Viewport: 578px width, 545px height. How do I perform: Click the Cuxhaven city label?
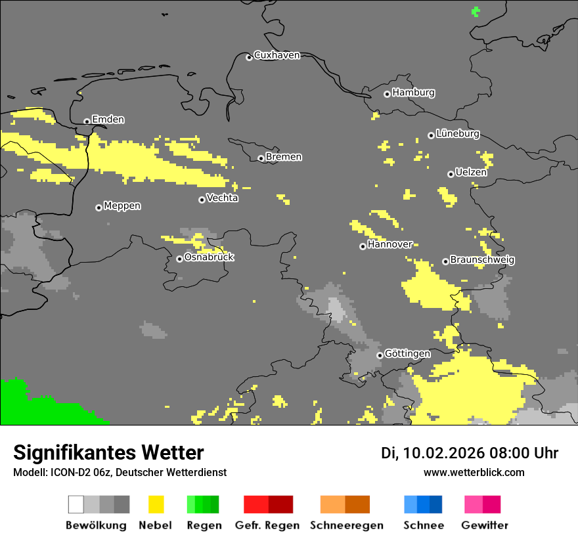tap(277, 55)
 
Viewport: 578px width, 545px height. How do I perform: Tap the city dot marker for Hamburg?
tap(387, 94)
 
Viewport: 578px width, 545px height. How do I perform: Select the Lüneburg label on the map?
tap(458, 133)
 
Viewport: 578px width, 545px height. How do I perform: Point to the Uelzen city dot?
tap(451, 174)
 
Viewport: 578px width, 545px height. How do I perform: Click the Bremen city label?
tap(284, 157)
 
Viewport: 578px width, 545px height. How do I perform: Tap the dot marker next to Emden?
tap(87, 121)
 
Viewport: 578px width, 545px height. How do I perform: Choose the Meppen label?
tap(122, 206)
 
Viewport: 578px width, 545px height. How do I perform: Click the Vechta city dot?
tap(202, 200)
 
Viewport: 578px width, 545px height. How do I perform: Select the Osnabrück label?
tap(209, 257)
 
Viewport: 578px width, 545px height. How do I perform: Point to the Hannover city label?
tap(390, 244)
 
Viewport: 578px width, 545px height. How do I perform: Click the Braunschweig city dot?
tap(445, 261)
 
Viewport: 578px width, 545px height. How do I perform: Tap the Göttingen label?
tap(407, 353)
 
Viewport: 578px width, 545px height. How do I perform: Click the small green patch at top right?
tap(476, 11)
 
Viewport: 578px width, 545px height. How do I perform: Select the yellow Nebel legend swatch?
tap(156, 504)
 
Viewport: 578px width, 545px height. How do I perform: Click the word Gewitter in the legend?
tap(484, 525)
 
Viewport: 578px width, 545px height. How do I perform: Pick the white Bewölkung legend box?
tap(76, 504)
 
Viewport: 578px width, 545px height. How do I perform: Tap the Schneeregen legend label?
tap(346, 525)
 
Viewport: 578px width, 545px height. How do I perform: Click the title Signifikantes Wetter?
tap(108, 452)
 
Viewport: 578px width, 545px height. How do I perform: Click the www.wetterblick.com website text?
tap(474, 472)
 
